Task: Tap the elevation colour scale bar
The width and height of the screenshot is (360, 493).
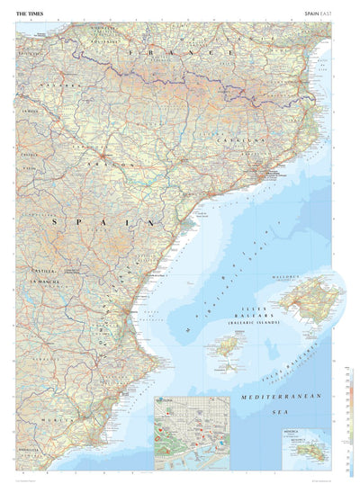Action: [350, 423]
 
